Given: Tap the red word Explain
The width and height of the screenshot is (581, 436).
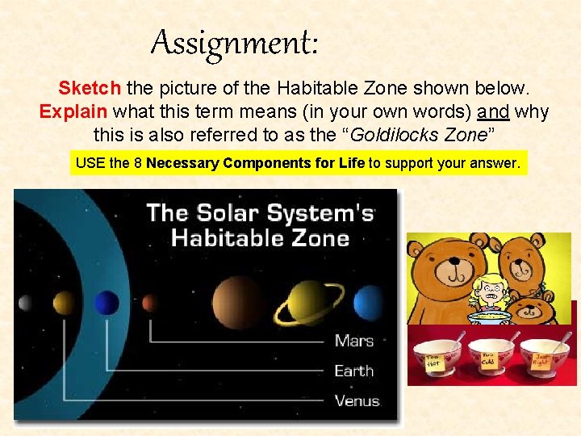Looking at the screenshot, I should click(x=75, y=111).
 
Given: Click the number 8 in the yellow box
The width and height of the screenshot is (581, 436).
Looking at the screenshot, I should click(x=137, y=163).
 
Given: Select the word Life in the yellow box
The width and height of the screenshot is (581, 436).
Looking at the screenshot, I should click(x=351, y=163).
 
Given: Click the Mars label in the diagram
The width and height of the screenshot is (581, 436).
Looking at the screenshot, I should click(x=353, y=340).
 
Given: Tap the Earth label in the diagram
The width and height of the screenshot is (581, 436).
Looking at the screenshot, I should click(x=353, y=371).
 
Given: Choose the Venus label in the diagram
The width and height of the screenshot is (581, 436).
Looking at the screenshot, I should click(x=356, y=400).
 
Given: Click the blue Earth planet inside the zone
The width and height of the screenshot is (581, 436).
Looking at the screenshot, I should click(x=106, y=303).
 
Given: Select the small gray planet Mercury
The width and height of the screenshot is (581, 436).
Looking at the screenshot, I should click(x=25, y=303).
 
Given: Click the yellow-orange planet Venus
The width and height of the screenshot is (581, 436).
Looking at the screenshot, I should click(x=65, y=303).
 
